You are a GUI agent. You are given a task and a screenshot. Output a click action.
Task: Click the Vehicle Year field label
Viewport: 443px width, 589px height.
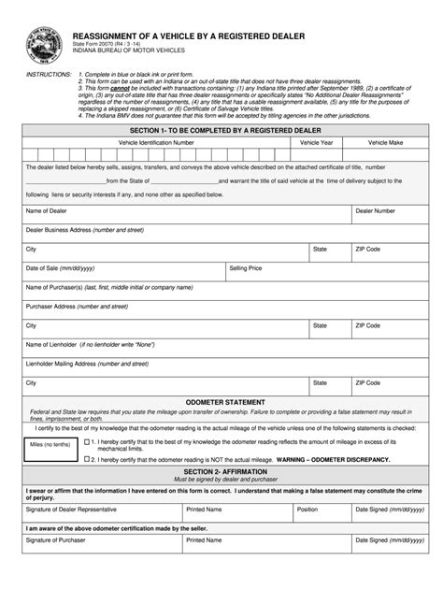click(315, 142)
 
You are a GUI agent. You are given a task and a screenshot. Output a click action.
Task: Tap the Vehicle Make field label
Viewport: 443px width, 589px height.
click(384, 142)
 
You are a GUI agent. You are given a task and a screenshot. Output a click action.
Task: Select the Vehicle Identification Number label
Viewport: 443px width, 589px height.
click(156, 142)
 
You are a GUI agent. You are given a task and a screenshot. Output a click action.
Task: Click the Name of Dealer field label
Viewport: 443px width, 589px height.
click(46, 211)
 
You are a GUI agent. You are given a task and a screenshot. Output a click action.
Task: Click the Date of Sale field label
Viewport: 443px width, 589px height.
click(60, 267)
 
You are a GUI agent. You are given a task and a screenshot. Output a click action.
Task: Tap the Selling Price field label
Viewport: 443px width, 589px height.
click(246, 267)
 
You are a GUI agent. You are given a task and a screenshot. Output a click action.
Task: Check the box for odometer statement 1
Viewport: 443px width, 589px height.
click(87, 441)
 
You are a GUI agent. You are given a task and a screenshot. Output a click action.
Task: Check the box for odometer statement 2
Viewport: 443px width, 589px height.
click(87, 460)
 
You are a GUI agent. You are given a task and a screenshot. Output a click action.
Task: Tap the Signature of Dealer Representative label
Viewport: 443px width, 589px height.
click(71, 510)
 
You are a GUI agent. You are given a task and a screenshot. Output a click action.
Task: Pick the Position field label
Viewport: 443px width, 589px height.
click(307, 510)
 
